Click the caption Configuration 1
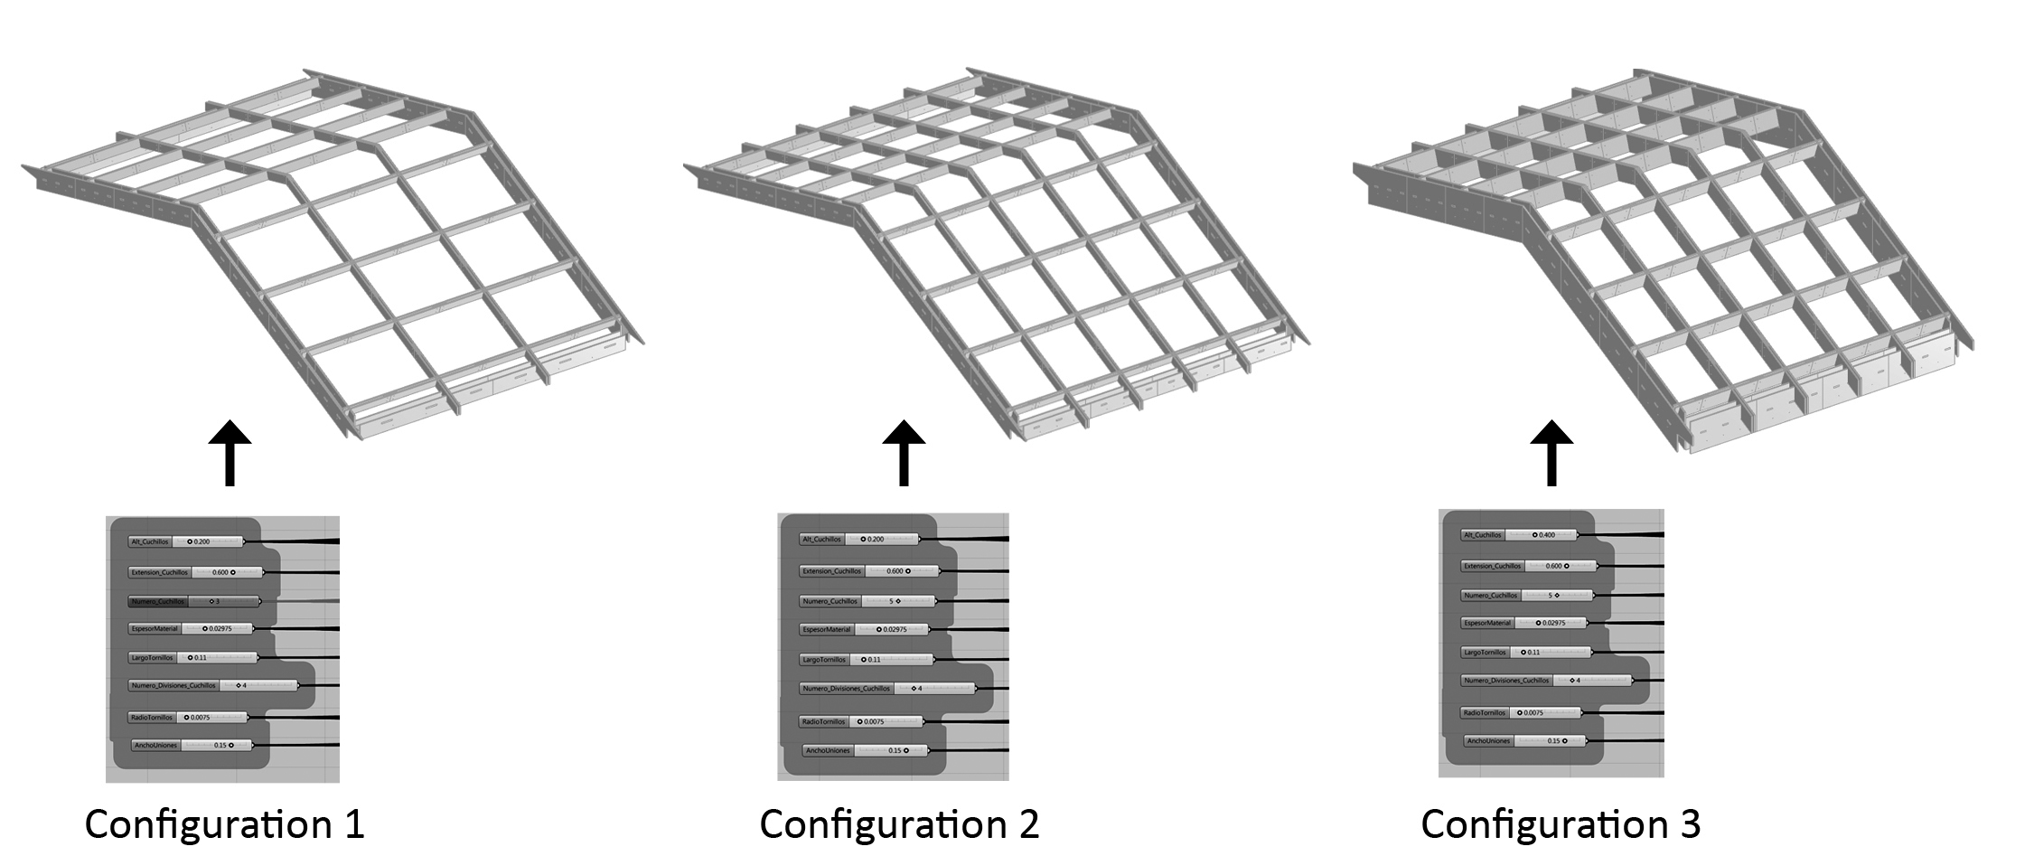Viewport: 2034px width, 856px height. click(224, 823)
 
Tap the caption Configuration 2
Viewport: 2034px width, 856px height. click(899, 823)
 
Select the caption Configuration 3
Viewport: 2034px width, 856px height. click(1561, 823)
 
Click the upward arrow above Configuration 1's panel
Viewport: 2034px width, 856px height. click(230, 453)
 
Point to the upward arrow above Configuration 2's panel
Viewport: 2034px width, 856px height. click(904, 453)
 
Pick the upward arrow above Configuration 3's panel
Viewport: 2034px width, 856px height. click(1551, 453)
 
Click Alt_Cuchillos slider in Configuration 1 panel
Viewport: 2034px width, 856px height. click(186, 541)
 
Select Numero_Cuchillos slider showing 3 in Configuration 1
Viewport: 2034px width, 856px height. click(193, 601)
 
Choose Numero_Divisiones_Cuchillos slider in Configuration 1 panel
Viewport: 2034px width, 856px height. click(213, 685)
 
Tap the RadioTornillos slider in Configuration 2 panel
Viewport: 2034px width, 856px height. click(860, 721)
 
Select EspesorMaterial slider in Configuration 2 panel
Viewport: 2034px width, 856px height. click(865, 629)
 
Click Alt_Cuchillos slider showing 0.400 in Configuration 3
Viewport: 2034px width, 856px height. click(1519, 535)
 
